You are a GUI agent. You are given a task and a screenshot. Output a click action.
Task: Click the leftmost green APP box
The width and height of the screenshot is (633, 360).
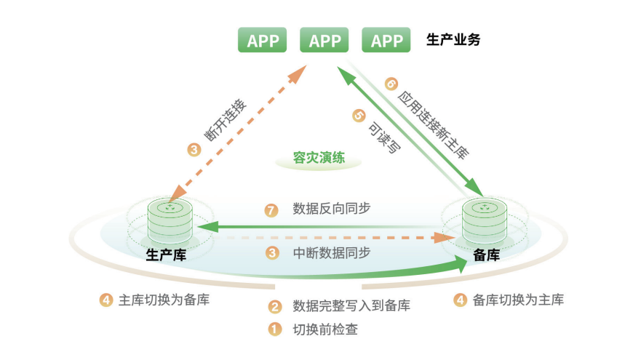(x=263, y=41)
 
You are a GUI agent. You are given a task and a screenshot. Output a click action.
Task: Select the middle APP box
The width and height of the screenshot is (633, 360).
(x=325, y=41)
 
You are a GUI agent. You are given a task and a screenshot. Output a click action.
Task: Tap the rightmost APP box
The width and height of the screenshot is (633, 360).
(x=386, y=41)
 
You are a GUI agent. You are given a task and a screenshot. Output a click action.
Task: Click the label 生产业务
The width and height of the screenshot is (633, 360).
(x=453, y=40)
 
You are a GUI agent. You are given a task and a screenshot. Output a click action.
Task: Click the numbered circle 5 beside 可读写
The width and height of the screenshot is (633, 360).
(x=358, y=115)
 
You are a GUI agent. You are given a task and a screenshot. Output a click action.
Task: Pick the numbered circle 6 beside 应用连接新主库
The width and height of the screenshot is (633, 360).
(x=391, y=83)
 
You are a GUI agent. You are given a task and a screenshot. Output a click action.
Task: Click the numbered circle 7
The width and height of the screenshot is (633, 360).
(x=271, y=210)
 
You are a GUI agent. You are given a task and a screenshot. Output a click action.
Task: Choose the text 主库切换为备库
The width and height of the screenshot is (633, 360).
(x=164, y=300)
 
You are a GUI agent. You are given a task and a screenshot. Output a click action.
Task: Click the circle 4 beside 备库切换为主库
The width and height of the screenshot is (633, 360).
(x=460, y=300)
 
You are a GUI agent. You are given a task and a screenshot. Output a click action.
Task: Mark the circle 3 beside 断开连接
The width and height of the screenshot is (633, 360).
(x=194, y=151)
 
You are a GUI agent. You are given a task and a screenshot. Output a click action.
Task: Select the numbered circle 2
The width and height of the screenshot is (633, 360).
(x=275, y=306)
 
